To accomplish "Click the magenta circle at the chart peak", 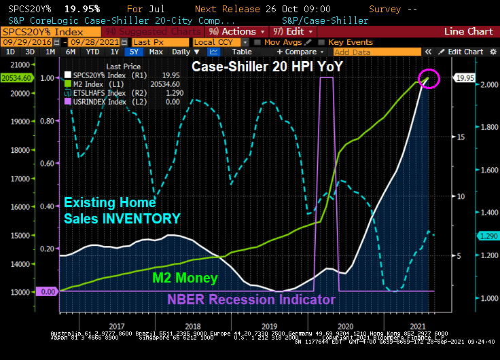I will click(429, 78).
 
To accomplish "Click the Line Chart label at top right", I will click(469, 31).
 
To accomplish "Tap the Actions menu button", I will click(234, 31).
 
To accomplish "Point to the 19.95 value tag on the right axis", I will click(465, 78).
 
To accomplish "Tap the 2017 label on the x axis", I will click(116, 325).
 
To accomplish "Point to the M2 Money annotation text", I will click(184, 278).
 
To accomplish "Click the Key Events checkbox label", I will click(350, 42).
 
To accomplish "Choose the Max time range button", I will click(156, 52).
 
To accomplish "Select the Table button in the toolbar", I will click(242, 52).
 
